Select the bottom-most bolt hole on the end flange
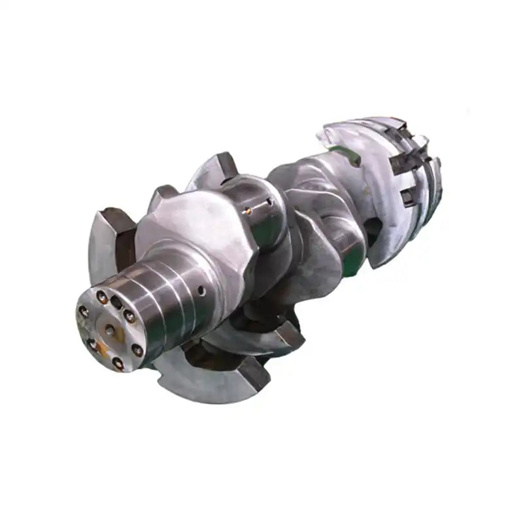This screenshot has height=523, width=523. point(117,362)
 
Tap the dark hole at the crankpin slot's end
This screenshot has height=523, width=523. point(269,202)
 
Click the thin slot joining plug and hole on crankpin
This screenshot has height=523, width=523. point(258,206)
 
